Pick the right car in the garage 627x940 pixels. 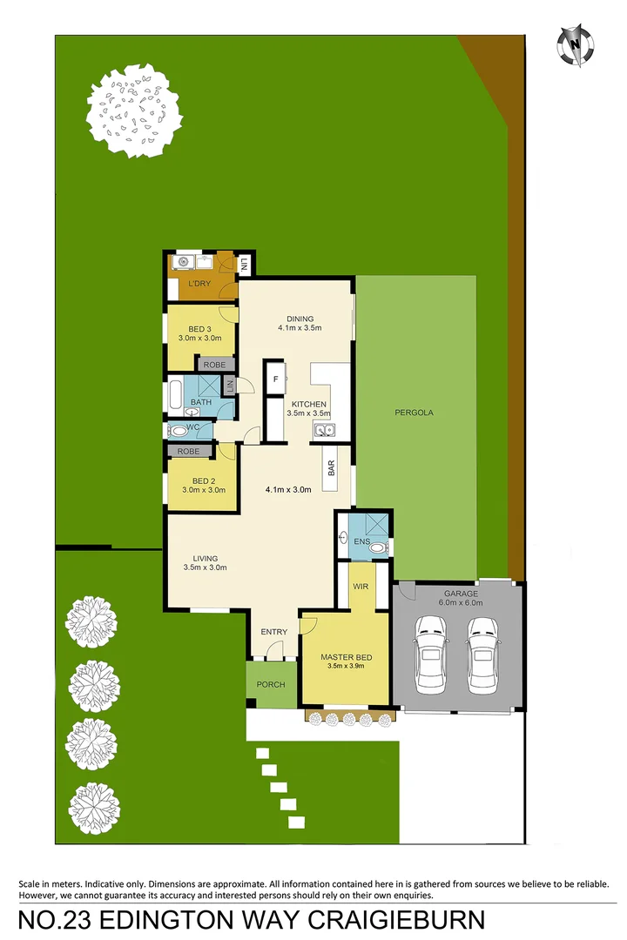pos(482,655)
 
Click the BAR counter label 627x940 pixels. pos(332,468)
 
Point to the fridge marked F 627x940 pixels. pos(276,379)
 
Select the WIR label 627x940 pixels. pos(361,587)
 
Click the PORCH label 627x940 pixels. pos(271,684)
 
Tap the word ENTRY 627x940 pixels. pos(273,632)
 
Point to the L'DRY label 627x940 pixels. pos(201,285)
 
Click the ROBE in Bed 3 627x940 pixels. pos(214,365)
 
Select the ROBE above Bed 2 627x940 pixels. pos(188,452)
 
